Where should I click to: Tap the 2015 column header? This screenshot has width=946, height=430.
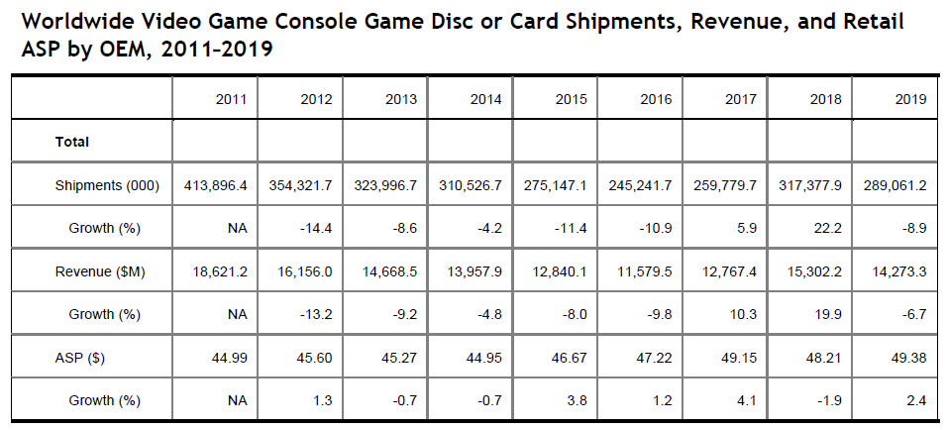[x=573, y=99]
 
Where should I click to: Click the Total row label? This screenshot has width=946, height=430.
[x=72, y=142]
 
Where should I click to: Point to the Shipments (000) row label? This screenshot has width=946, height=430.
[x=101, y=185]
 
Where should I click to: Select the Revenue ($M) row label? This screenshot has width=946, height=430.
[x=100, y=272]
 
